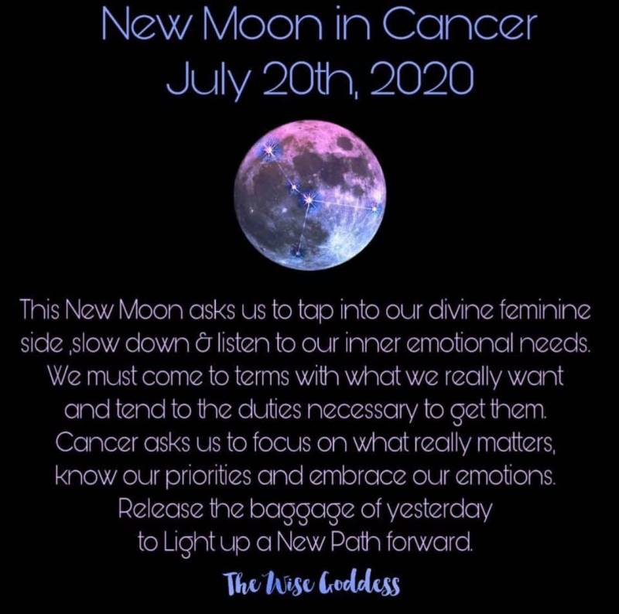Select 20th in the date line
coord(312,78)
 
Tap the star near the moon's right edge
coord(374,207)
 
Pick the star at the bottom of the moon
coord(297,251)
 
